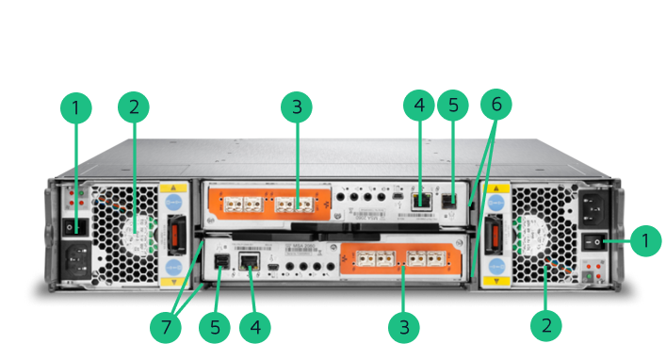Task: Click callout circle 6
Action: pos(496,105)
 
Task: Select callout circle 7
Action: pos(166,327)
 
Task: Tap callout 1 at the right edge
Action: pos(645,241)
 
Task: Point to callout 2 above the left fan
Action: pos(134,107)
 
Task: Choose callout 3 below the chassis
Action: pos(404,327)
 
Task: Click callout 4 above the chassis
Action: pos(419,106)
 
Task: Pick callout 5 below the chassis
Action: pos(215,327)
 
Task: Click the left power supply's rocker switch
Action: pos(74,228)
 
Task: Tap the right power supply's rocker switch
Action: pos(593,243)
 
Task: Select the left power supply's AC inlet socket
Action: pos(77,260)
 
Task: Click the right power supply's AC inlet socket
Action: pos(593,208)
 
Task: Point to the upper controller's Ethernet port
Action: pos(421,201)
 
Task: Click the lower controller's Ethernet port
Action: pos(250,261)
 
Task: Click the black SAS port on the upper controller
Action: pos(449,201)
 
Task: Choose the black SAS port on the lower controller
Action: pos(221,262)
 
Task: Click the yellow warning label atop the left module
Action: pos(173,188)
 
